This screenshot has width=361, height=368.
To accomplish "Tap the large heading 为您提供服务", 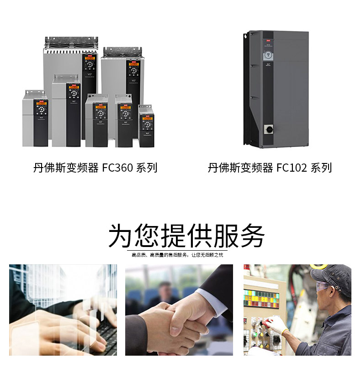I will coord(186,236).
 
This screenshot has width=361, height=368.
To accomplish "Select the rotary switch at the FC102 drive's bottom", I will coord(268,129).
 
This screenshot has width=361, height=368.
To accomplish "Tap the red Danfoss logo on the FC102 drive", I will coord(268,40).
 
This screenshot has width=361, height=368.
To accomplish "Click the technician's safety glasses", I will coord(323,287).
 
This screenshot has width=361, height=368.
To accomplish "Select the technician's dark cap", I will coord(331,274).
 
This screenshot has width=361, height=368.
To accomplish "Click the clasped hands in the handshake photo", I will coord(176,320).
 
